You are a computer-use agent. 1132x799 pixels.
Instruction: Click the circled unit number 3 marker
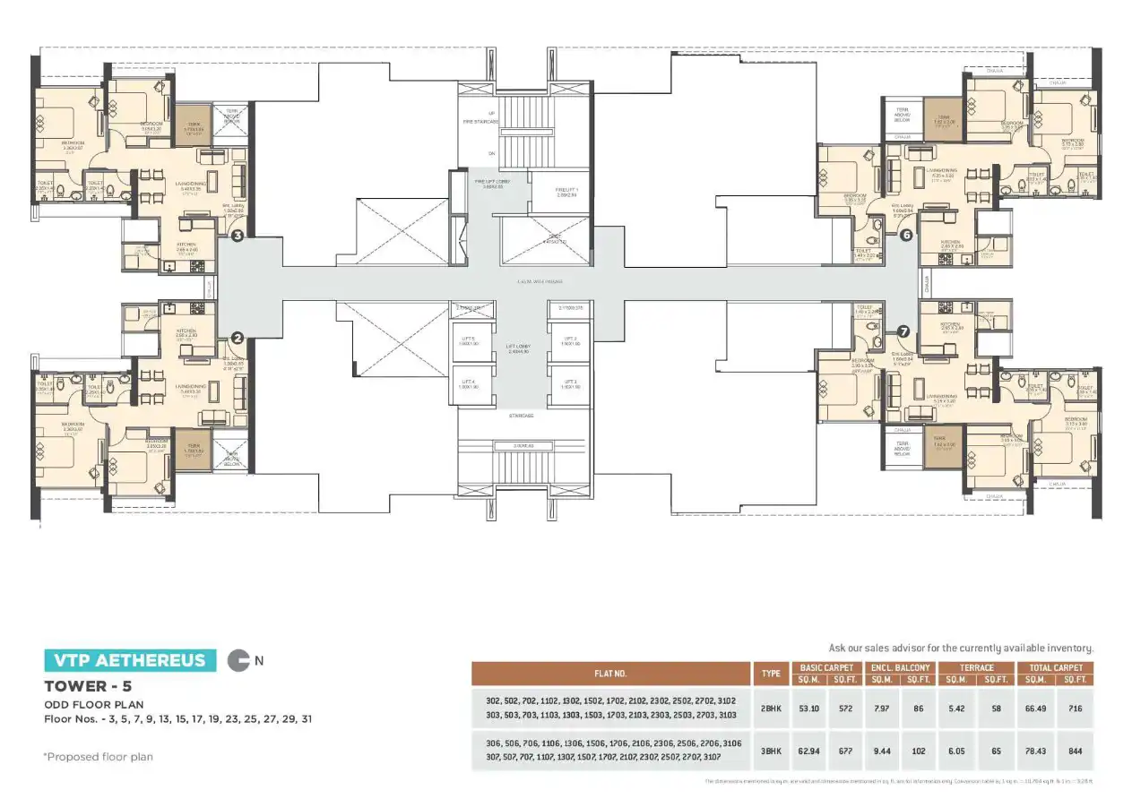click(238, 236)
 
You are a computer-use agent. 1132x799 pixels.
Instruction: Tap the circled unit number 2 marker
click(238, 338)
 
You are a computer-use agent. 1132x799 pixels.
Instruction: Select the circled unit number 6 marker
click(906, 235)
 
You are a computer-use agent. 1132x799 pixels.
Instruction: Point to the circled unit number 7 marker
click(903, 331)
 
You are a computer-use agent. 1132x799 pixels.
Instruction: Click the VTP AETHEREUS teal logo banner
click(130, 661)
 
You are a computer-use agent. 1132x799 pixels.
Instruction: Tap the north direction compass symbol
click(240, 661)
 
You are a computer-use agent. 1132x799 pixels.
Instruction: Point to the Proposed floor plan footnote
click(99, 757)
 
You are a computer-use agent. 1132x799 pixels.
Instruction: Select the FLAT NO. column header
click(610, 674)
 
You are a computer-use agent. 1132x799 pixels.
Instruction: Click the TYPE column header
click(770, 674)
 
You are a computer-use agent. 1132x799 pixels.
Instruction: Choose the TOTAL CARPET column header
click(1056, 667)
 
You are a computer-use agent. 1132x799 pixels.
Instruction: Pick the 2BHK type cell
click(770, 709)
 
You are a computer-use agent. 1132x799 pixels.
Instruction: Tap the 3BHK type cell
click(770, 752)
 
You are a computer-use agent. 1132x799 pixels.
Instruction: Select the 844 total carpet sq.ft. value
click(1076, 752)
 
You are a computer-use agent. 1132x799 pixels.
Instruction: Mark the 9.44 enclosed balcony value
click(882, 752)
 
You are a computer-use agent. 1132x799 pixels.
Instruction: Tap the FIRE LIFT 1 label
click(567, 191)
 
